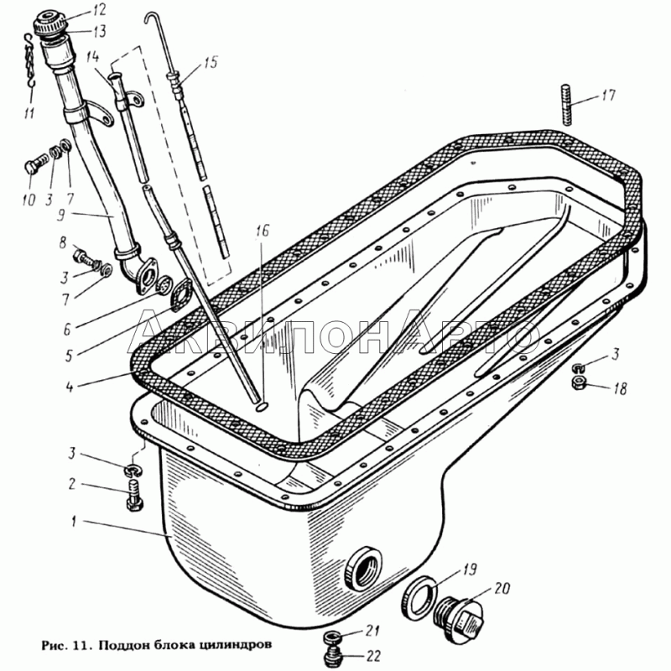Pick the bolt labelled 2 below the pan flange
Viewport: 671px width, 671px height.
tap(135, 495)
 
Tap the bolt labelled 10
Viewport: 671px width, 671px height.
tap(35, 164)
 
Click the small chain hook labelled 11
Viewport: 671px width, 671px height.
tap(29, 62)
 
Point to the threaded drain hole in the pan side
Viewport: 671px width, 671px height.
tap(363, 569)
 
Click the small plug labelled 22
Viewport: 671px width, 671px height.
tap(332, 656)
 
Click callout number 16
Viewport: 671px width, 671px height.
tap(263, 231)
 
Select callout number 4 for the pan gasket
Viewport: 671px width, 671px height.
tap(70, 388)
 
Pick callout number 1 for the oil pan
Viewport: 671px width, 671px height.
tap(74, 522)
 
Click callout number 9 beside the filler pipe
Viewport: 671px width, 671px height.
tap(61, 215)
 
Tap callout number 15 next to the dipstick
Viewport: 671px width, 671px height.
tap(210, 62)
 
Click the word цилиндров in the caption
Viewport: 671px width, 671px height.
tap(234, 644)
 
